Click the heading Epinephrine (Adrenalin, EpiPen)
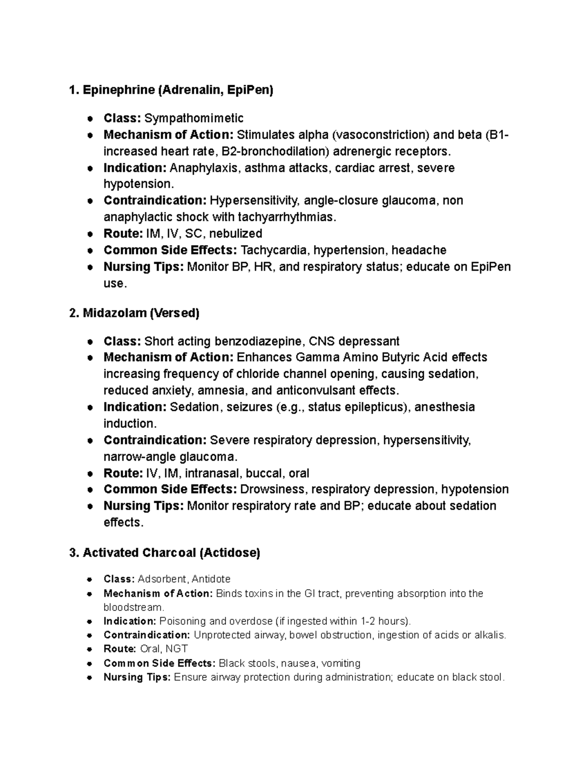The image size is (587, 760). click(172, 90)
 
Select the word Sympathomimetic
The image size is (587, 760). click(194, 118)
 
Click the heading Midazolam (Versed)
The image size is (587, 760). click(135, 313)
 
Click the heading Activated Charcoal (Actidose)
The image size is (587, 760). click(165, 553)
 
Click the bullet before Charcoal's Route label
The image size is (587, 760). click(90, 649)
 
